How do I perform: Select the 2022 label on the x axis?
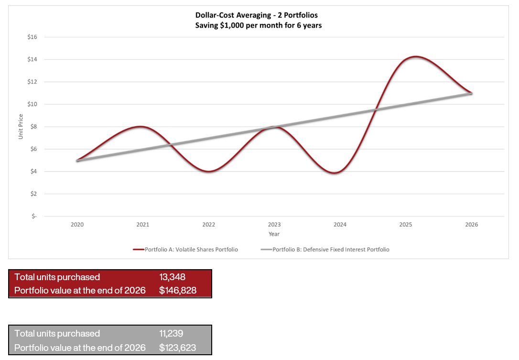[x=208, y=224]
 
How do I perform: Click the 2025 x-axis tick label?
[x=406, y=224]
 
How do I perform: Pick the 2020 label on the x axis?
[x=77, y=224]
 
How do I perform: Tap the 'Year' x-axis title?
[x=274, y=234]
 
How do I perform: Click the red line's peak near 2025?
[x=416, y=57]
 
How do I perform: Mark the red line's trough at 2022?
[x=208, y=171]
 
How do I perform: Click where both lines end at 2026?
[x=471, y=93]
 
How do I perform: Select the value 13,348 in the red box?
[x=172, y=277]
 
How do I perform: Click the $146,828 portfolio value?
[x=178, y=290]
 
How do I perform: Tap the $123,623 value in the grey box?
[x=178, y=348]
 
